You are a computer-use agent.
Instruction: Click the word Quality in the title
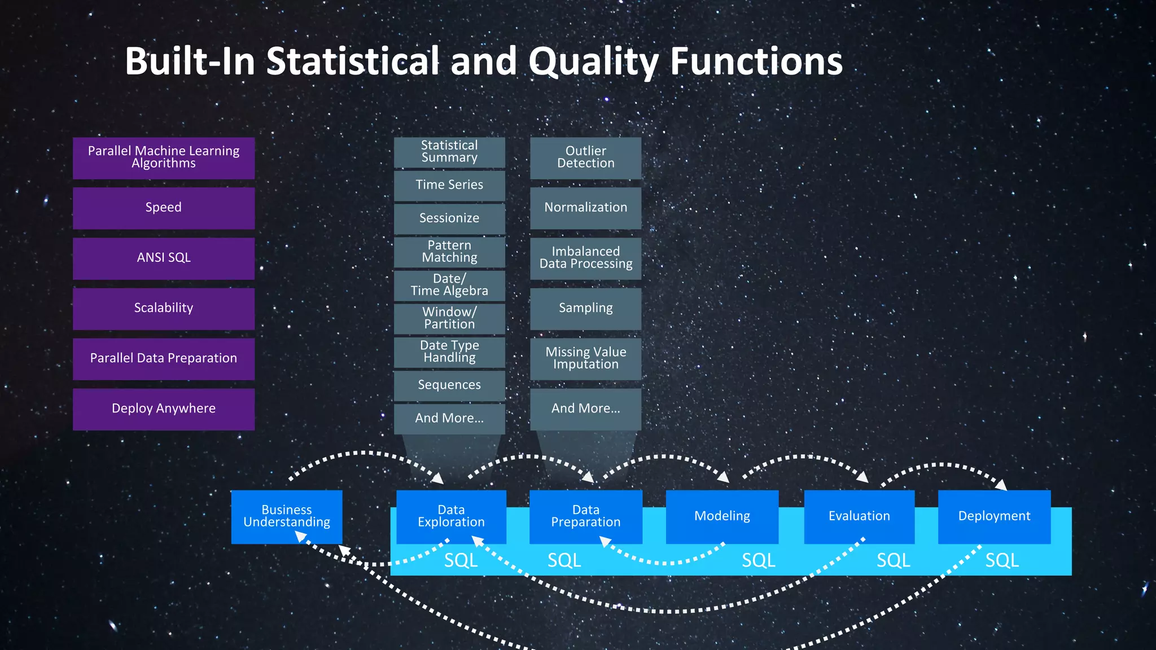(x=593, y=62)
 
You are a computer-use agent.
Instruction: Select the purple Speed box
(x=164, y=208)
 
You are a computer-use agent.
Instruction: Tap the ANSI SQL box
(x=164, y=258)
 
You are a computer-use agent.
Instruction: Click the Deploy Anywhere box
(x=164, y=409)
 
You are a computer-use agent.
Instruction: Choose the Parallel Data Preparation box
(x=164, y=358)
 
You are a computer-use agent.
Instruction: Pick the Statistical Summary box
(x=449, y=152)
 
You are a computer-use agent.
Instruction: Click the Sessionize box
(x=449, y=218)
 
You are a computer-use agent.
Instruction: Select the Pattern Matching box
(x=449, y=252)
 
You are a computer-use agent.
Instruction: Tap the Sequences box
(x=449, y=385)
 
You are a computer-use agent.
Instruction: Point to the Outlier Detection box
(x=585, y=157)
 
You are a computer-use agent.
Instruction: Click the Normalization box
(x=585, y=208)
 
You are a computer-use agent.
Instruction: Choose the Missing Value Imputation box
(x=585, y=358)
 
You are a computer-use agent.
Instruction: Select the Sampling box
(x=585, y=308)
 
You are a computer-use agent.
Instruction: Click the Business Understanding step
(x=287, y=516)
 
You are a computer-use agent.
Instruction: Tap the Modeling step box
(x=722, y=516)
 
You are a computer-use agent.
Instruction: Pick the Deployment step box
(x=994, y=516)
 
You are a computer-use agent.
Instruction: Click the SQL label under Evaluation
(x=893, y=560)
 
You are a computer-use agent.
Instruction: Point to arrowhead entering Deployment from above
(x=1001, y=485)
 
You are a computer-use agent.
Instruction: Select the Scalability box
(x=164, y=308)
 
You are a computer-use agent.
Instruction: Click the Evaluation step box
(x=859, y=516)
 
